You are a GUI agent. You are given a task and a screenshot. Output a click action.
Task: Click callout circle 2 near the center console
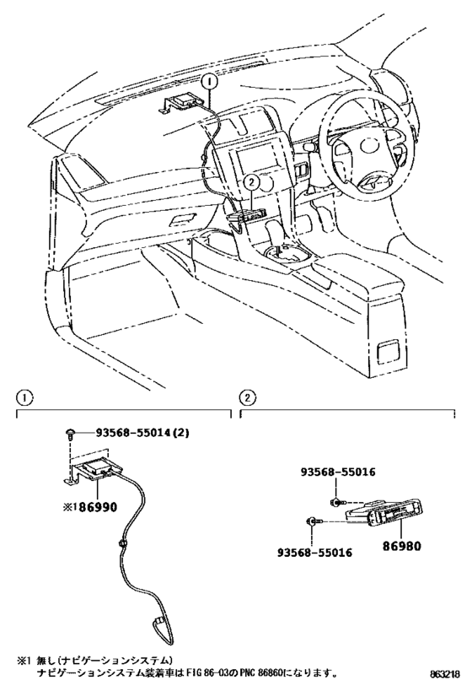click(249, 180)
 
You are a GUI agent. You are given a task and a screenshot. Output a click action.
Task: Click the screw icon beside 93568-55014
click(69, 434)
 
